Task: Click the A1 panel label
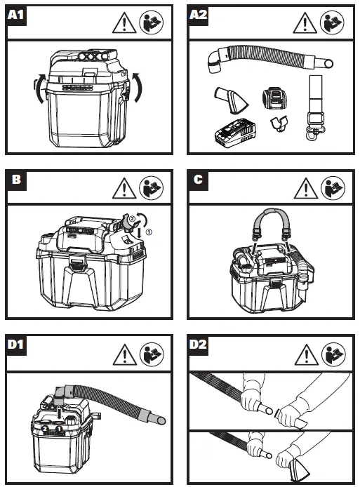[x=16, y=15]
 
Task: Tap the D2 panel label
[x=198, y=344]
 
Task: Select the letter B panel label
[x=16, y=180]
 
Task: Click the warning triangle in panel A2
[x=305, y=22]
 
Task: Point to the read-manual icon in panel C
[x=333, y=188]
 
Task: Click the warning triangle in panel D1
[x=125, y=354]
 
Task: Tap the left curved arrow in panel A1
[x=40, y=88]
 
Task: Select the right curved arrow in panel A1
[x=137, y=87]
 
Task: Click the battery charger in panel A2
[x=235, y=133]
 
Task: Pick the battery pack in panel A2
[x=274, y=98]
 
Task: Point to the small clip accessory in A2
[x=279, y=124]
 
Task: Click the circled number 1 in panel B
[x=149, y=232]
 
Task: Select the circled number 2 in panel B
[x=132, y=219]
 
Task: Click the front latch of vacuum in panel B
[x=77, y=263]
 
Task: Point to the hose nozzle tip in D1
[x=161, y=420]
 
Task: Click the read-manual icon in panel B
[x=152, y=188]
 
